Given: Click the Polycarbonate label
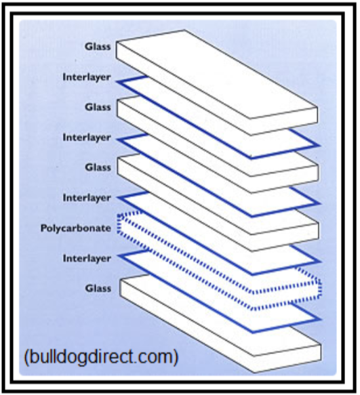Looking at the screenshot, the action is (x=76, y=228).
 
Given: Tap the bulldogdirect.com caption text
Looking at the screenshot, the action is (x=101, y=356).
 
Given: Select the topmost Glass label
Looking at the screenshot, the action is (x=98, y=47).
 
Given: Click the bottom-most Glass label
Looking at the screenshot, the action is (x=98, y=288).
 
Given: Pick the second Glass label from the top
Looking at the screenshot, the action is (x=98, y=107).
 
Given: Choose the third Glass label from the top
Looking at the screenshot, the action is (x=98, y=167).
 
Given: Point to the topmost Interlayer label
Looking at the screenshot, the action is (x=87, y=77).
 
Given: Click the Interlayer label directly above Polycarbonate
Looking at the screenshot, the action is (x=87, y=198).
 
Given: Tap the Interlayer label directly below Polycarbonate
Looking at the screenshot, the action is (x=87, y=258).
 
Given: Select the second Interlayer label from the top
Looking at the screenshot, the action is (x=87, y=138).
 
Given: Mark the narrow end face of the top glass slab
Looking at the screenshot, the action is (x=284, y=121).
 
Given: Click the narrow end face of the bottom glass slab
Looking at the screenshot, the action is (x=287, y=358).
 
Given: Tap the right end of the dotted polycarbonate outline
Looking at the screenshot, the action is (x=320, y=288).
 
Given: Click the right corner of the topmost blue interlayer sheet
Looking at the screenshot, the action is (x=320, y=146).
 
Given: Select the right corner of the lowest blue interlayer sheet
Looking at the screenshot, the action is (x=321, y=319).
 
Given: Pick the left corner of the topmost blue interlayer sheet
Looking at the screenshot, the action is (x=118, y=81).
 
